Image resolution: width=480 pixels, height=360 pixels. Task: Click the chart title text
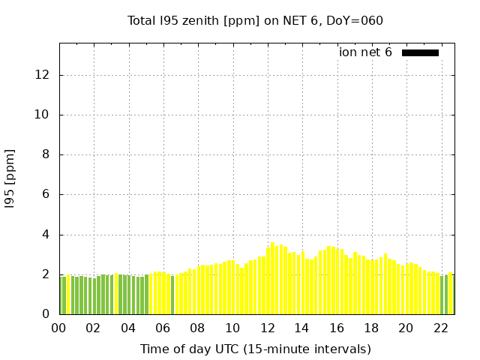255,20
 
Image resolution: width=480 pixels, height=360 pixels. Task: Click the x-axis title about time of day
255,349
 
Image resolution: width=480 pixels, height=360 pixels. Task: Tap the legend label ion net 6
365,52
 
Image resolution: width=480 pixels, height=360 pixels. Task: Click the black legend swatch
420,52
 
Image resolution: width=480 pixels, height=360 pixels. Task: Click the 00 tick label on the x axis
59,328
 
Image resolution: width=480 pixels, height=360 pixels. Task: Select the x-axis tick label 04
128,328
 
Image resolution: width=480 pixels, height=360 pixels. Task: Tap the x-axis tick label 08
197,328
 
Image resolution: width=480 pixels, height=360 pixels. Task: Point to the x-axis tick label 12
267,328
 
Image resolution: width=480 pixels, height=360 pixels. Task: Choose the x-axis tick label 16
336,328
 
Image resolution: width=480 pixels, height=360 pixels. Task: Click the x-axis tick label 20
406,328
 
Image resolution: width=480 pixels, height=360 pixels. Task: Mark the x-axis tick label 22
440,328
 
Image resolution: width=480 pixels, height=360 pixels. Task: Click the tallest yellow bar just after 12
272,279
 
